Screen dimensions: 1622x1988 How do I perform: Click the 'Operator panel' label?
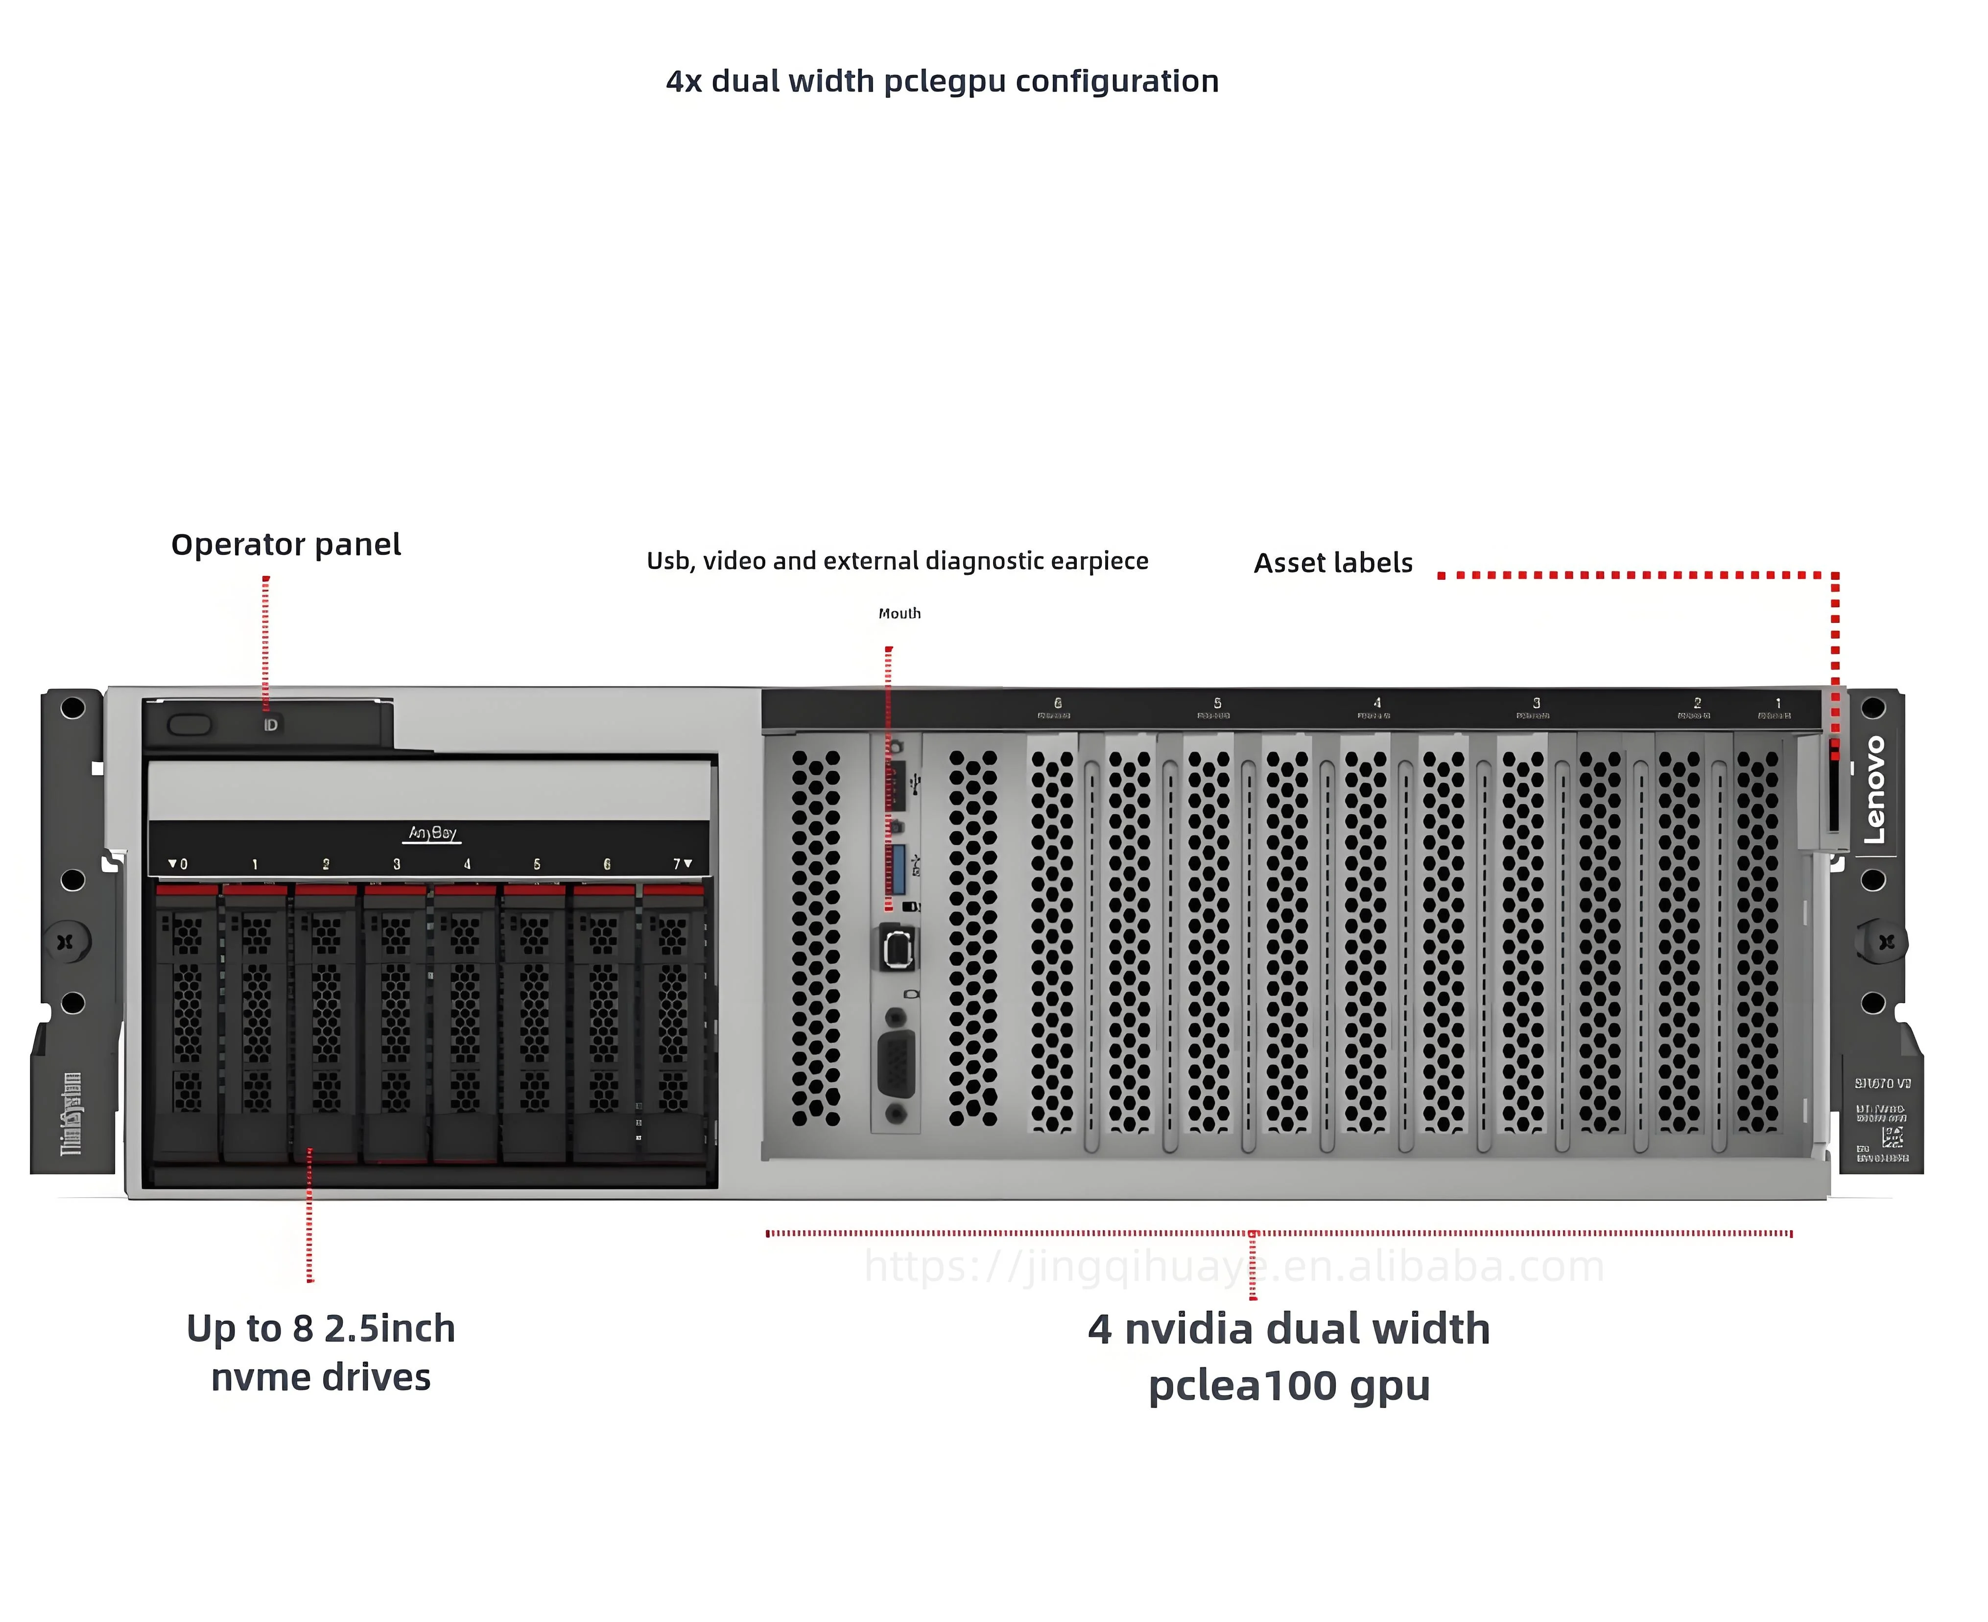click(286, 545)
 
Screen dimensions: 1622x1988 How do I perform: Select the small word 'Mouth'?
click(899, 613)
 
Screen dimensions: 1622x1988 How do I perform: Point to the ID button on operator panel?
click(270, 725)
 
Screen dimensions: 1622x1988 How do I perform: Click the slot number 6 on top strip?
click(1058, 703)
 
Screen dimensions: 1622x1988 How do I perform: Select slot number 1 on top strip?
click(1778, 703)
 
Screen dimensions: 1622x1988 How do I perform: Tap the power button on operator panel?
click(189, 725)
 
